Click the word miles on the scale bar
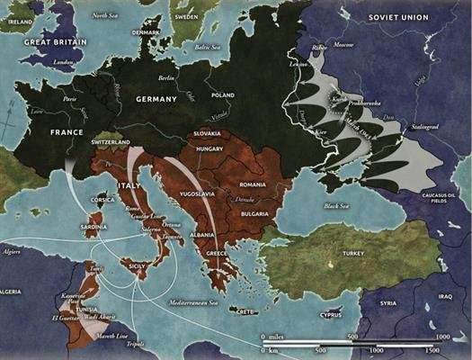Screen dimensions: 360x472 [x=284, y=335]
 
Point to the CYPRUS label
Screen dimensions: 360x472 [x=332, y=316]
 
